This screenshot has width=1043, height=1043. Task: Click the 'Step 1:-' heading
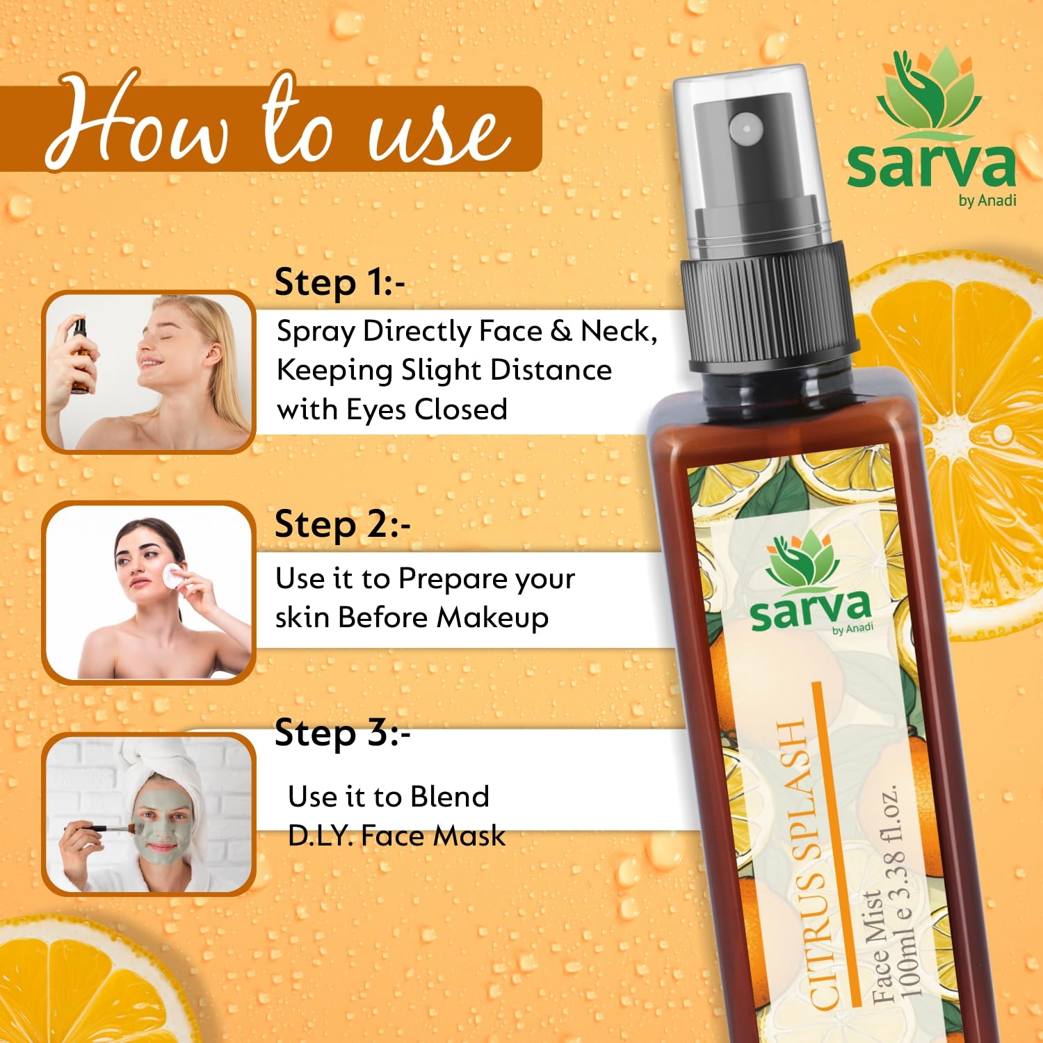click(339, 283)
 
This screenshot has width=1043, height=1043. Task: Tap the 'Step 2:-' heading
click(342, 525)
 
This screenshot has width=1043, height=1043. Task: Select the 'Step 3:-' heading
click(342, 734)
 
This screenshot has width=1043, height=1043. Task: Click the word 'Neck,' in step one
click(619, 332)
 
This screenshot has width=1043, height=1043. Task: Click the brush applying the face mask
click(104, 829)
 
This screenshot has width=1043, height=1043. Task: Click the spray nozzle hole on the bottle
click(746, 128)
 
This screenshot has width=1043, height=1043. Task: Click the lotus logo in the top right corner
click(929, 93)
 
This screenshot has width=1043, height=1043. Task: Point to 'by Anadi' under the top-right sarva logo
click(987, 201)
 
